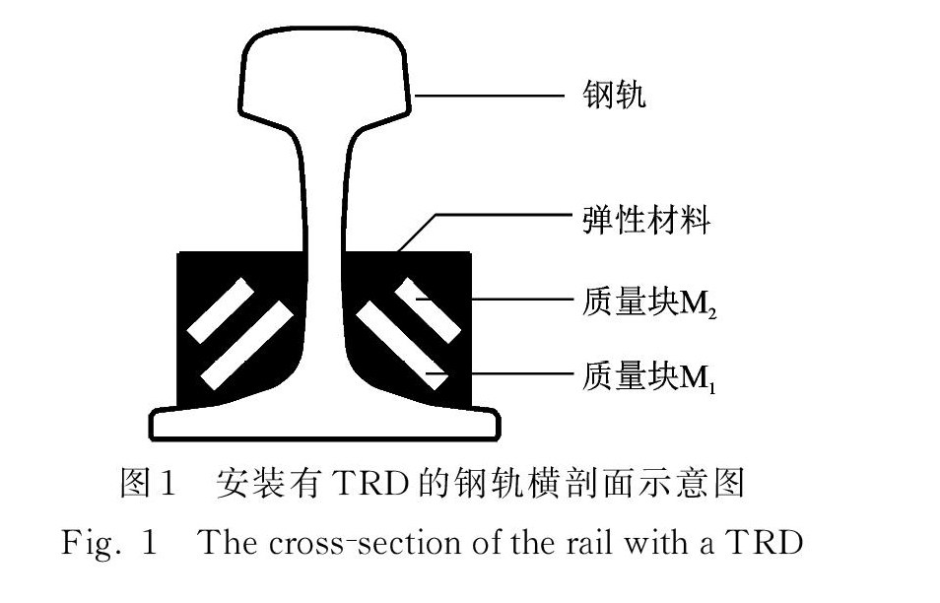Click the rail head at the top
[328, 74]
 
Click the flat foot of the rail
[325, 425]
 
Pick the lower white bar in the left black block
[246, 345]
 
